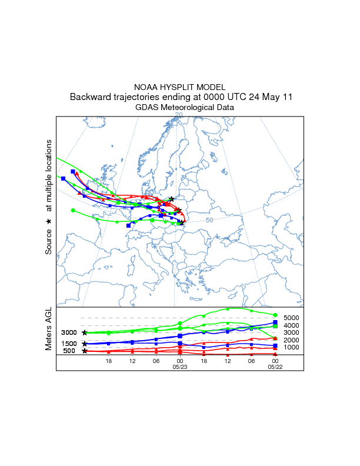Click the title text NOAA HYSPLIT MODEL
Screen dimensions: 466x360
(x=180, y=86)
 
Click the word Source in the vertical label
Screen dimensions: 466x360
(x=49, y=241)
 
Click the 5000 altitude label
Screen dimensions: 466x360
(x=292, y=318)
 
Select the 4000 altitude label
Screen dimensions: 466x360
(x=292, y=325)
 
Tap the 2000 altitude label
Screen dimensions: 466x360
(x=292, y=340)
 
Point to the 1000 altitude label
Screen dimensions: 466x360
(x=292, y=348)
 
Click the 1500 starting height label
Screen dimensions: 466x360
(x=69, y=344)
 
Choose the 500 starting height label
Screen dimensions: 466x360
(x=69, y=351)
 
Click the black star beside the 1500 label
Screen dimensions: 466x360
(x=85, y=344)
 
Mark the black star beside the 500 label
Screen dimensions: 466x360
(x=85, y=351)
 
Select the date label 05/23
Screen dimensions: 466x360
(x=179, y=366)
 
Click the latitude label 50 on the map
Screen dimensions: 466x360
(x=209, y=220)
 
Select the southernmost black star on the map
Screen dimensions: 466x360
(x=182, y=222)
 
